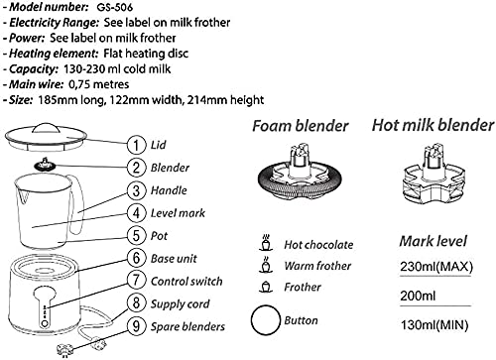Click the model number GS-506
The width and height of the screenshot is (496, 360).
pos(115,7)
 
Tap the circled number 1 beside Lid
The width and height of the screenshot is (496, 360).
pos(136,145)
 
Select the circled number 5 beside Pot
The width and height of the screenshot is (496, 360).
pos(136,236)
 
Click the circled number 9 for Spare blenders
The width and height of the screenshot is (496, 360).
pos(136,326)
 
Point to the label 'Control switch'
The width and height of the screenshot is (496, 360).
pos(186,282)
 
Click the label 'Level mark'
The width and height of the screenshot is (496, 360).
pos(178,213)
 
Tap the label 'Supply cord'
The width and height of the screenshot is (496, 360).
pos(180,304)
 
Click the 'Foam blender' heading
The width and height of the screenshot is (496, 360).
pos(301,126)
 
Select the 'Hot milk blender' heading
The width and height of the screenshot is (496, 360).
pos(433,126)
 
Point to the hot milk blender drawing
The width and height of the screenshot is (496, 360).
pos(434,176)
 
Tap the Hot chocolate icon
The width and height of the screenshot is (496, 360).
pos(266,243)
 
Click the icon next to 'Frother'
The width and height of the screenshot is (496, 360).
pos(266,287)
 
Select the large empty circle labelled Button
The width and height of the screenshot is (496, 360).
pos(266,320)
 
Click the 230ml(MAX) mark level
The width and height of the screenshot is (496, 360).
pos(436,267)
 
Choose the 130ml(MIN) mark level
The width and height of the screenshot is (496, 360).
pos(434,325)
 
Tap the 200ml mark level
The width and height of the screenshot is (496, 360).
pos(418,296)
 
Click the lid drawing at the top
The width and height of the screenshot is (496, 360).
pos(46,137)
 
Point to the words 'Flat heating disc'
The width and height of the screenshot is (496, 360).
pos(146,54)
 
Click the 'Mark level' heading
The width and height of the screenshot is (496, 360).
pos(434,241)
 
